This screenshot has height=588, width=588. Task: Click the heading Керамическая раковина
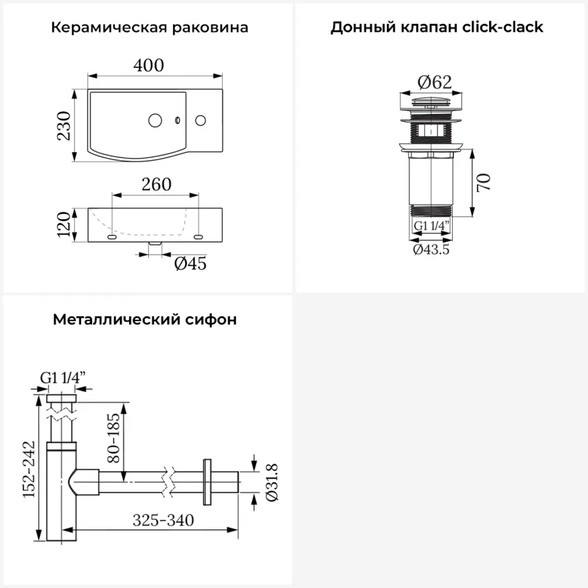coord(149,28)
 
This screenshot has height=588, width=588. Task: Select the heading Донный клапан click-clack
coord(436,28)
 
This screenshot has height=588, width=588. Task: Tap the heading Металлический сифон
coord(145,320)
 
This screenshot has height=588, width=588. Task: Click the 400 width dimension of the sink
coord(148,65)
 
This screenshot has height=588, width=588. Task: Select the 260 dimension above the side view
coord(156,185)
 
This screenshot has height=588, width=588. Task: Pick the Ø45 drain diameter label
coord(190,264)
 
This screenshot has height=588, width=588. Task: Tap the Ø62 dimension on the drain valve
coord(436,83)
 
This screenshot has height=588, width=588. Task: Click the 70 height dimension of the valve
coord(484,182)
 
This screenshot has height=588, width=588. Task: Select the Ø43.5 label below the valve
coord(431,249)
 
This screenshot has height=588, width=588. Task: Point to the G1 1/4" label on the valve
coord(432,226)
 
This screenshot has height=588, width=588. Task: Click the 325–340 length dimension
coord(163,520)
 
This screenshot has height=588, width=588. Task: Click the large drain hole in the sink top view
coord(155,121)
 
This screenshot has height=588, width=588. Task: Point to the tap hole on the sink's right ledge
coord(201,121)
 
